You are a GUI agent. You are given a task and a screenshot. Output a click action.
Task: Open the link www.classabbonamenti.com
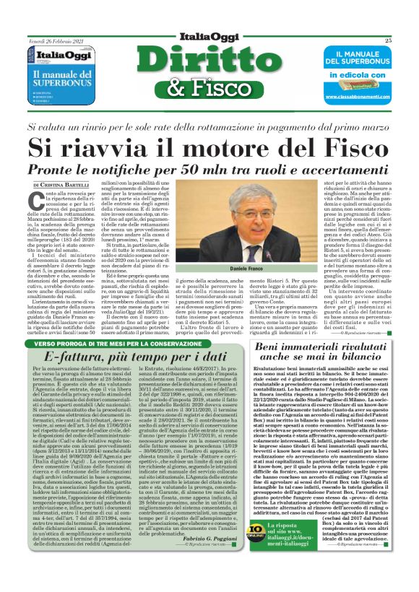tap(349, 95)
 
